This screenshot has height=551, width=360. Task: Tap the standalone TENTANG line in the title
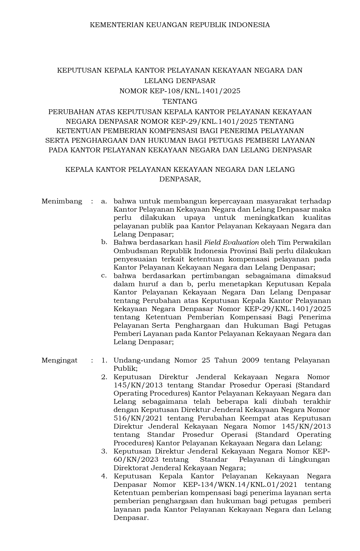(180, 101)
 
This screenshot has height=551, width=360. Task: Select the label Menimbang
(62, 201)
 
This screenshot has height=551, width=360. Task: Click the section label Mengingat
(59, 360)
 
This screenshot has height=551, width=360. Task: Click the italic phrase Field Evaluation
(231, 242)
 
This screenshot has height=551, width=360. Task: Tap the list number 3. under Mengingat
(104, 451)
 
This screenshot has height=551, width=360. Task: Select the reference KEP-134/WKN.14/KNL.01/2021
(240, 485)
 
